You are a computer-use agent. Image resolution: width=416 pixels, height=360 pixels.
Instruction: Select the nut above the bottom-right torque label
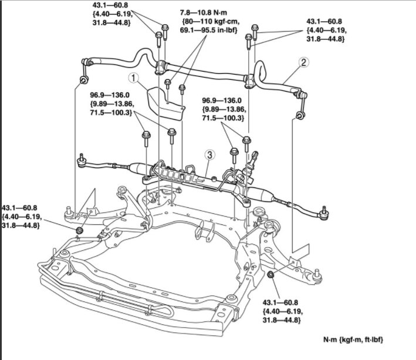(270, 275)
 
